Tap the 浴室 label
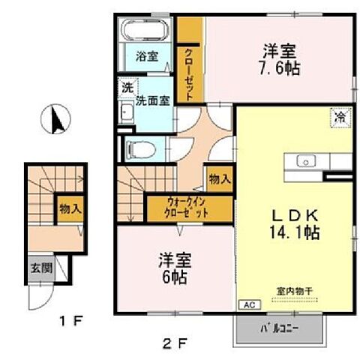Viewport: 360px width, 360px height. (146, 56)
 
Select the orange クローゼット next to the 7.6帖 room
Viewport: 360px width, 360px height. (190, 64)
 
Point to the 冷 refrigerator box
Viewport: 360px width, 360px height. (340, 117)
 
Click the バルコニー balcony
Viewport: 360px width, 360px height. (280, 328)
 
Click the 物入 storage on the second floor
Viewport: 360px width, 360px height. (220, 180)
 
